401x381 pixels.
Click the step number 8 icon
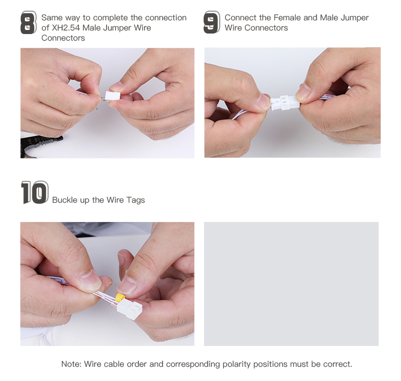28,23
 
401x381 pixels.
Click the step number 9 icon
212,23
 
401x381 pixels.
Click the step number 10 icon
35,193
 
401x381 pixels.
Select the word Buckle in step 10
64,200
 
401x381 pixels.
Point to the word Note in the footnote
71,364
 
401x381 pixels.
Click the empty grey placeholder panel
291,283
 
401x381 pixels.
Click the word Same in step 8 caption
52,18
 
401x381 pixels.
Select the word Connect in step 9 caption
241,18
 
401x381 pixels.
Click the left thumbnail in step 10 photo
90,280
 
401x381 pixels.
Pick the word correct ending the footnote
337,364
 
